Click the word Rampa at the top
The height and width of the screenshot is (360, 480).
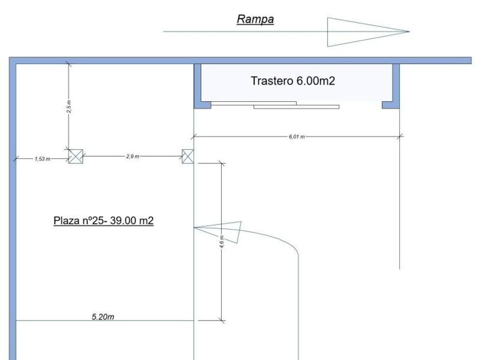click(255, 19)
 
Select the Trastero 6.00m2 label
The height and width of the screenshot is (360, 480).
click(293, 81)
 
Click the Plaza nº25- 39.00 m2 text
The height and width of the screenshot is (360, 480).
click(103, 221)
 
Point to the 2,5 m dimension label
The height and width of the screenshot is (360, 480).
click(69, 107)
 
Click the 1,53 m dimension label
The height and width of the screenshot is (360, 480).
click(42, 158)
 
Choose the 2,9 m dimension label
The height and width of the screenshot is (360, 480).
click(133, 156)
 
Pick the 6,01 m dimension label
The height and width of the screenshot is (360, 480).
click(297, 137)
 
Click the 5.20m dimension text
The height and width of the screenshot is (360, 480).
click(104, 317)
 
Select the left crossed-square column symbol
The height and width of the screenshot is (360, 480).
click(75, 156)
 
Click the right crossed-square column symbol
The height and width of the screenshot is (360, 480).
click(188, 156)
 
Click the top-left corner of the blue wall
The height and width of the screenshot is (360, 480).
click(13, 60)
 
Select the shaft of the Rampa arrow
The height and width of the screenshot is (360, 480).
click(246, 31)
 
